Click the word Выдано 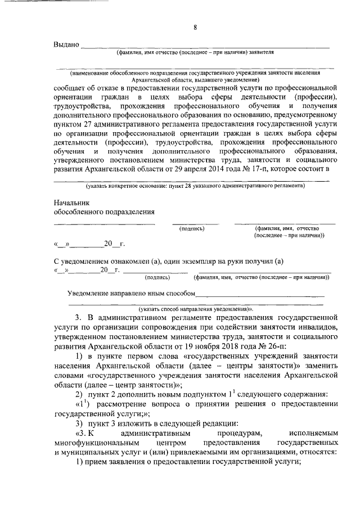pos(66,44)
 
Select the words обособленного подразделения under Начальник pos(103,211)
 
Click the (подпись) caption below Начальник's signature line pos(191,229)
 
